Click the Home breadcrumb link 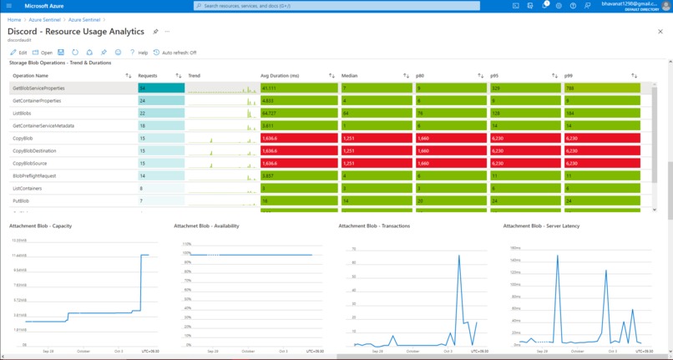pyautogui.click(x=14, y=19)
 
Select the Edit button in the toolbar pyautogui.click(x=19, y=52)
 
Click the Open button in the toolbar pyautogui.click(x=43, y=52)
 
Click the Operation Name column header pyautogui.click(x=30, y=75)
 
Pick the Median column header pyautogui.click(x=350, y=75)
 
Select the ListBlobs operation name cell pyautogui.click(x=22, y=113)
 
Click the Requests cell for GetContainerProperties pyautogui.click(x=160, y=100)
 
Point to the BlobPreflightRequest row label pyautogui.click(x=34, y=176)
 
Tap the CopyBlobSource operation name pyautogui.click(x=29, y=164)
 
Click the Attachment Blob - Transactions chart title pyautogui.click(x=374, y=226)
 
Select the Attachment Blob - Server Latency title pyautogui.click(x=541, y=226)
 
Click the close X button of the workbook pyautogui.click(x=660, y=32)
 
